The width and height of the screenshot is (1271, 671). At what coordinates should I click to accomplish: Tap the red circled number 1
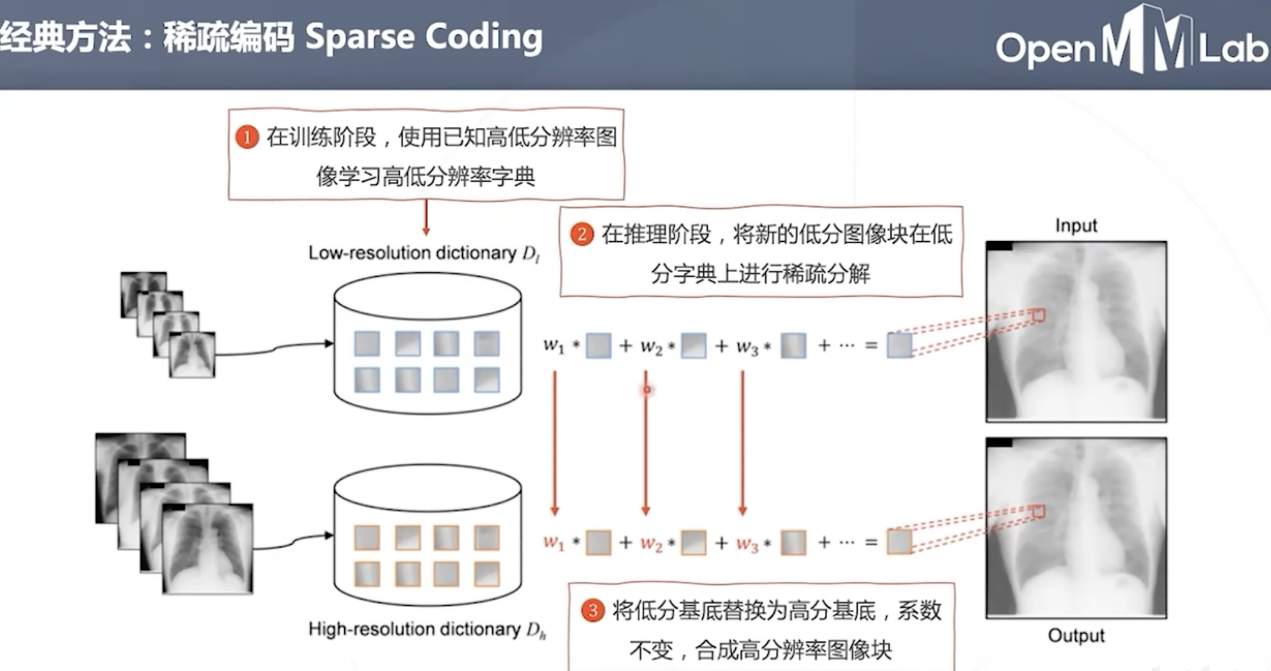point(247,137)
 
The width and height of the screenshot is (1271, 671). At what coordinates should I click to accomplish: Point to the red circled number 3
point(592,610)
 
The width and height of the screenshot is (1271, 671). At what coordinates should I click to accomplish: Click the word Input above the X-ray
point(1076,226)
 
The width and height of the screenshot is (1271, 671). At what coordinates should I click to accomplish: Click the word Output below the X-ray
point(1076,636)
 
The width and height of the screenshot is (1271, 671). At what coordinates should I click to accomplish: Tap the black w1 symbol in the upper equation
point(554,345)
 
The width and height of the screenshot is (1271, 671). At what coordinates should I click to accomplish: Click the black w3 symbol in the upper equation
point(747,346)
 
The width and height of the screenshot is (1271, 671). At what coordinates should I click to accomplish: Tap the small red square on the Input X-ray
point(1039,315)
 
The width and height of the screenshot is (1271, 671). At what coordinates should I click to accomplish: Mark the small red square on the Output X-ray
point(1039,511)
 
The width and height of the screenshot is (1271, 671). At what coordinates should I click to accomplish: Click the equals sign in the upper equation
point(871,345)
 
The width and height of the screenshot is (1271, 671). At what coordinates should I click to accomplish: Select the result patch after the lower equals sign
point(899,542)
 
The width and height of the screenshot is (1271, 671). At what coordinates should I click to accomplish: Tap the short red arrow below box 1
point(426,217)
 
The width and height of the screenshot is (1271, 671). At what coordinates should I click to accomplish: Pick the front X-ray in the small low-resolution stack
point(192,354)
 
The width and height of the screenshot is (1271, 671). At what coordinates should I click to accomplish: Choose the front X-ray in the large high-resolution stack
point(207,548)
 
